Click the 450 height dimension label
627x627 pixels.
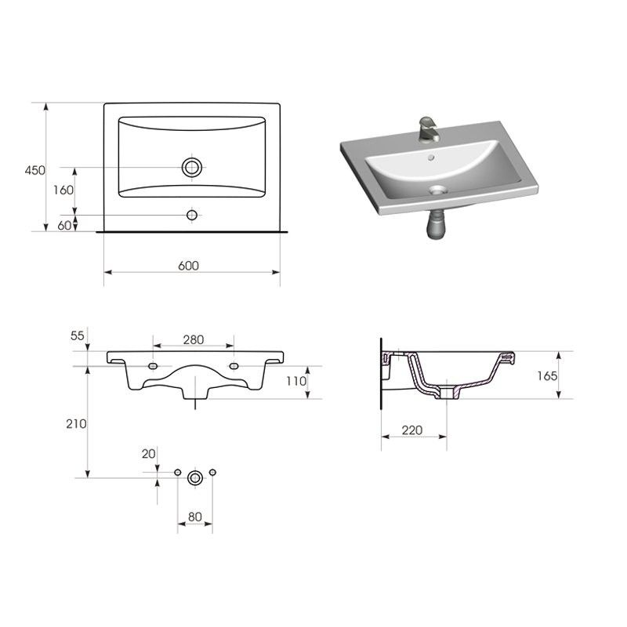click(34, 170)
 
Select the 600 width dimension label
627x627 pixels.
click(188, 266)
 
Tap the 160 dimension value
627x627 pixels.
click(63, 190)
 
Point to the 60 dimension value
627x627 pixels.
click(64, 226)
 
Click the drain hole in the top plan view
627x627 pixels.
click(192, 167)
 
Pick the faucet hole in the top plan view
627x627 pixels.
click(192, 215)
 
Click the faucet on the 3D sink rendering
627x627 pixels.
click(429, 129)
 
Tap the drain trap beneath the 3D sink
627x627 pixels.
click(437, 224)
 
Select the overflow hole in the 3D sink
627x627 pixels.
click(430, 158)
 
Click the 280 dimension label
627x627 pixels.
click(194, 339)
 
